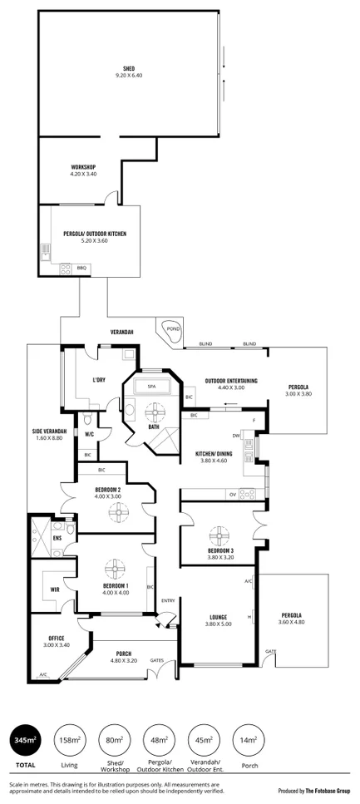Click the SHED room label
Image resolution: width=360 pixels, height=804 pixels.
[x=129, y=68]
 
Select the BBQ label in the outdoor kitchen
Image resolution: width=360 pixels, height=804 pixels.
[x=81, y=268]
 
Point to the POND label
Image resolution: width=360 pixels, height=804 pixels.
[x=173, y=328]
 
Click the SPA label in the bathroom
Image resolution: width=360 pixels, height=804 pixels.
[x=151, y=387]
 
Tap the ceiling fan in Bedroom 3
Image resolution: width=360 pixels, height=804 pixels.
[x=219, y=534]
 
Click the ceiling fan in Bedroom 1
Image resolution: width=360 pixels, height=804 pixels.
[x=113, y=570]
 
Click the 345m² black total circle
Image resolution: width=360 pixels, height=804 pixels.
[x=25, y=740]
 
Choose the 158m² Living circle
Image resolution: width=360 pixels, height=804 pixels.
[x=69, y=740]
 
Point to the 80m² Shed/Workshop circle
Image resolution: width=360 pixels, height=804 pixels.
[x=114, y=740]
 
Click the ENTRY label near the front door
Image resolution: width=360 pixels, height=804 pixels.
[x=168, y=600]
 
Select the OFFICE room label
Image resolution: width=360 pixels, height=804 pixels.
[x=56, y=638]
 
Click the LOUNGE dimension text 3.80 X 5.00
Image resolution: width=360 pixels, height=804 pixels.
[x=218, y=625]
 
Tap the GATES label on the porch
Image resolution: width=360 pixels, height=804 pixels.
[x=156, y=660]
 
